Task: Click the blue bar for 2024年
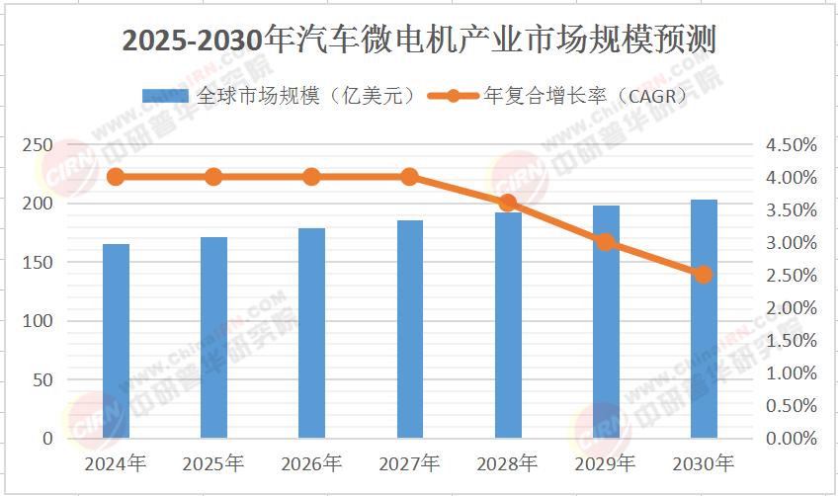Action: (x=116, y=341)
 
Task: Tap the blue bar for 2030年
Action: (x=704, y=319)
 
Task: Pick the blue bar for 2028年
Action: (x=508, y=325)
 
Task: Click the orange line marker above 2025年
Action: (x=213, y=177)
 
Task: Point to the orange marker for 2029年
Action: (x=606, y=242)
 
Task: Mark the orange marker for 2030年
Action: (x=704, y=275)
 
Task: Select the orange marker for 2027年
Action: (x=410, y=177)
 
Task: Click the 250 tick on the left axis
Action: (x=39, y=144)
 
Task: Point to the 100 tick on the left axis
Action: (x=39, y=321)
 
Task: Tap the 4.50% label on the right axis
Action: (x=792, y=145)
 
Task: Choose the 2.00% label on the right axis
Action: (x=792, y=308)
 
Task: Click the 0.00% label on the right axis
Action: (x=792, y=439)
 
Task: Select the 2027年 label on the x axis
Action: (x=410, y=463)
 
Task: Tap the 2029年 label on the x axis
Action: (x=606, y=463)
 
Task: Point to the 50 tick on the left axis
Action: (x=43, y=379)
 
